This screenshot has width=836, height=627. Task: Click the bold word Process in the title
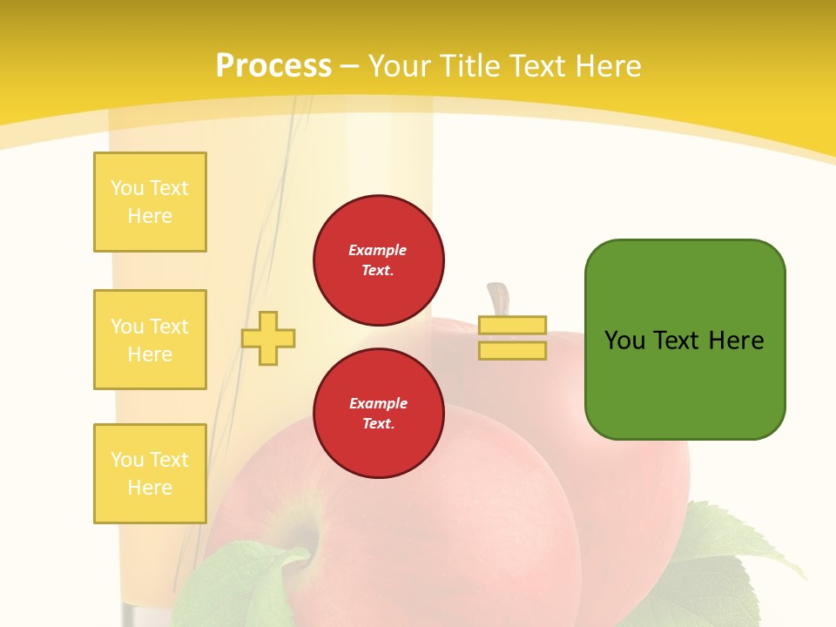pyautogui.click(x=273, y=65)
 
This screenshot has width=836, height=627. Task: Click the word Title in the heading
pyautogui.click(x=469, y=65)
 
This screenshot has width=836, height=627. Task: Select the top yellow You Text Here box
pyautogui.click(x=150, y=202)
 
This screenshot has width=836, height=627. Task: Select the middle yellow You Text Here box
pyautogui.click(x=150, y=340)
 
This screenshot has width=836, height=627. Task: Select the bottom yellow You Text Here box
pyautogui.click(x=150, y=474)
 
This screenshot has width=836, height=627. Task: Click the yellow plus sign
pyautogui.click(x=268, y=338)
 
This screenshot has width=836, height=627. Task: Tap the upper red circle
pyautogui.click(x=379, y=260)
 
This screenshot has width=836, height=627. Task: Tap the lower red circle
pyautogui.click(x=379, y=414)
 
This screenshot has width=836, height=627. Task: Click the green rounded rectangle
pyautogui.click(x=684, y=339)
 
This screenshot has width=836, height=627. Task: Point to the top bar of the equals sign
pyautogui.click(x=512, y=325)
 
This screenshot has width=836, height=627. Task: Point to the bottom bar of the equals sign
pyautogui.click(x=512, y=350)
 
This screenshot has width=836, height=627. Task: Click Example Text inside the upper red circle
pyautogui.click(x=378, y=260)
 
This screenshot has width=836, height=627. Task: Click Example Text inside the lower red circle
pyautogui.click(x=378, y=413)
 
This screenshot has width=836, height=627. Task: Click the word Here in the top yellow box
pyautogui.click(x=150, y=216)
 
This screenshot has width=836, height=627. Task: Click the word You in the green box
pyautogui.click(x=624, y=340)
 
